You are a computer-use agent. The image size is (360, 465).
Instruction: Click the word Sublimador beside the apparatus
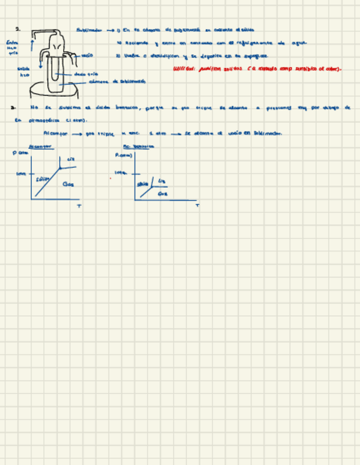pyautogui.click(x=89, y=31)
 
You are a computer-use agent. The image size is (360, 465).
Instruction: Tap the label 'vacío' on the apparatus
pyautogui.click(x=87, y=55)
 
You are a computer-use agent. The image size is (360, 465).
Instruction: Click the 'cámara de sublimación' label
pyautogui.click(x=117, y=81)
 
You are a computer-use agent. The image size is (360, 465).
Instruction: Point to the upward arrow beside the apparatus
pyautogui.click(x=33, y=42)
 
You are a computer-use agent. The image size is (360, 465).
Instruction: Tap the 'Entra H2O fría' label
pyautogui.click(x=12, y=47)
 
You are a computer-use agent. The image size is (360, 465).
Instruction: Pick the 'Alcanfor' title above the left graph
pyautogui.click(x=38, y=146)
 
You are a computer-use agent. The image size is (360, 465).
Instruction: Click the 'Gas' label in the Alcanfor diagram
pyautogui.click(x=68, y=184)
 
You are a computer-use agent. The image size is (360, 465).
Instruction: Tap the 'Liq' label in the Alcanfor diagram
pyautogui.click(x=71, y=160)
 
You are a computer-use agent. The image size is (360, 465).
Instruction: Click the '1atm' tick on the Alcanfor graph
pyautogui.click(x=21, y=174)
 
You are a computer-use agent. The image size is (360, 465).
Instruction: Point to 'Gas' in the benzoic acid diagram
pyautogui.click(x=162, y=194)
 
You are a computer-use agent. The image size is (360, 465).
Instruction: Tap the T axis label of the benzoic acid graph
pyautogui.click(x=197, y=206)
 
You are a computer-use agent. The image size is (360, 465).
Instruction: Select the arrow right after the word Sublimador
pyautogui.click(x=109, y=31)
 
